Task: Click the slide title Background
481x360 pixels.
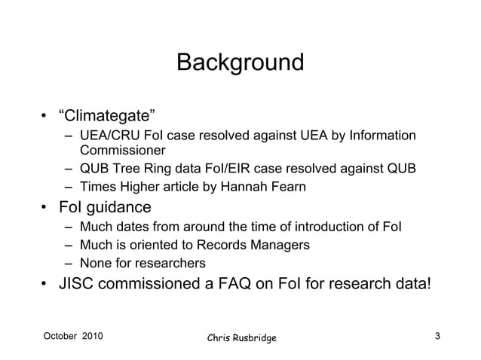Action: [240, 62]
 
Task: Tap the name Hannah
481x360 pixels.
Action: [243, 187]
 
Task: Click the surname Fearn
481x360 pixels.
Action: [286, 187]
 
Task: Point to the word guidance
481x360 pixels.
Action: [120, 207]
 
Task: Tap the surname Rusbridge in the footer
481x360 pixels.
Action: [250, 337]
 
